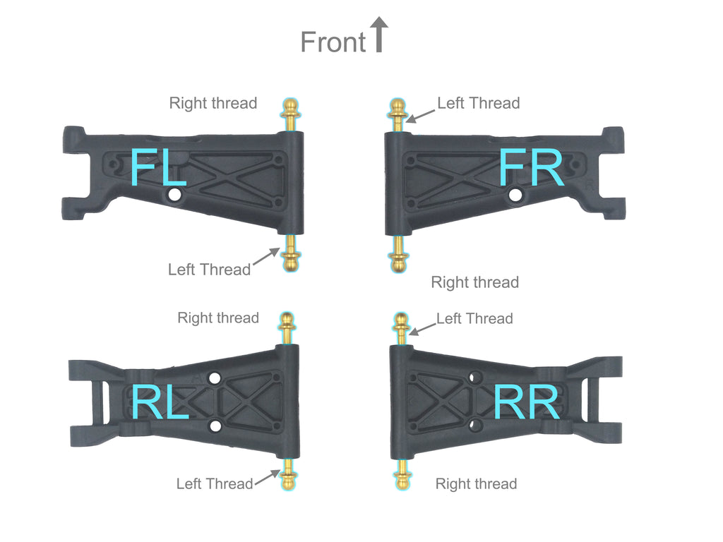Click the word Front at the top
tap(333, 42)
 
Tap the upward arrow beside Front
tap(379, 35)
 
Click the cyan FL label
tap(158, 167)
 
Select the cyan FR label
tap(531, 167)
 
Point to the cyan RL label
tap(160, 402)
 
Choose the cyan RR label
tap(527, 402)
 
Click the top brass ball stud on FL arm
tap(290, 114)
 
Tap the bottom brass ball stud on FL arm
tap(290, 253)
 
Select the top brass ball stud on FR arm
tap(398, 114)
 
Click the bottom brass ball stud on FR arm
tap(398, 254)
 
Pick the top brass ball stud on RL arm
tap(287, 328)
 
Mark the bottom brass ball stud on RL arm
tap(288, 474)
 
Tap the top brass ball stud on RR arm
tap(401, 328)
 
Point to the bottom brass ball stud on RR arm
tap(402, 474)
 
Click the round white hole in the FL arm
tap(174, 195)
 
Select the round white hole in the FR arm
tap(515, 195)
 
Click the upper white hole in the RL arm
tap(214, 378)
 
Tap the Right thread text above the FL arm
tap(213, 103)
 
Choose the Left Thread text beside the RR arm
tap(474, 318)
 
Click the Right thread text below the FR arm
tap(475, 282)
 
